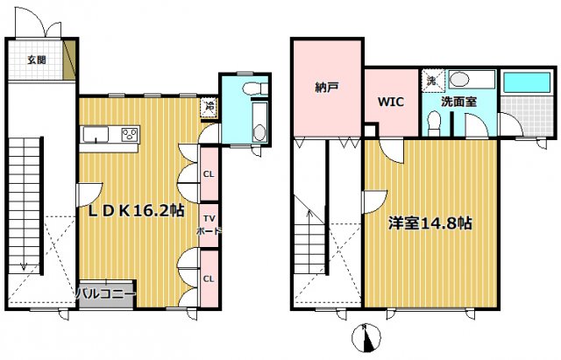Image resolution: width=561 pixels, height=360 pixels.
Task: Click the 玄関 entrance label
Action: pyautogui.click(x=36, y=60)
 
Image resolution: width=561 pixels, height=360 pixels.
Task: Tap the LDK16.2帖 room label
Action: pyautogui.click(x=135, y=210)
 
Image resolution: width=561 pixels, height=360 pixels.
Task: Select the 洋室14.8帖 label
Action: pyautogui.click(x=431, y=223)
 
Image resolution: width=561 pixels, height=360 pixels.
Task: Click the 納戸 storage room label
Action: pyautogui.click(x=327, y=88)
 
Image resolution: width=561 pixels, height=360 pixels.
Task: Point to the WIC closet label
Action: pyautogui.click(x=390, y=102)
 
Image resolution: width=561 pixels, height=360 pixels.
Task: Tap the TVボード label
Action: pyautogui.click(x=209, y=224)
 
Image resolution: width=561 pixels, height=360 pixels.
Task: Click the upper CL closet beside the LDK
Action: pyautogui.click(x=209, y=173)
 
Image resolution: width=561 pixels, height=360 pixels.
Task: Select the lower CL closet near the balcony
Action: pyautogui.click(x=209, y=279)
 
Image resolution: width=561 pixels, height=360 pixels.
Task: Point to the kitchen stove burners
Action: pyautogui.click(x=129, y=135)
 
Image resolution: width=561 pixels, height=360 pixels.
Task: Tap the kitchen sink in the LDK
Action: pyautogui.click(x=96, y=134)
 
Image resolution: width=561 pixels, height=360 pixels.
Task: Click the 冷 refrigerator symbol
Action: pyautogui.click(x=209, y=107)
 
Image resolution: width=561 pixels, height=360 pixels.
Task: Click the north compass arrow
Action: pyautogui.click(x=367, y=336)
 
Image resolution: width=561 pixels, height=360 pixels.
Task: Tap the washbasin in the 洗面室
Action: pyautogui.click(x=459, y=81)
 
